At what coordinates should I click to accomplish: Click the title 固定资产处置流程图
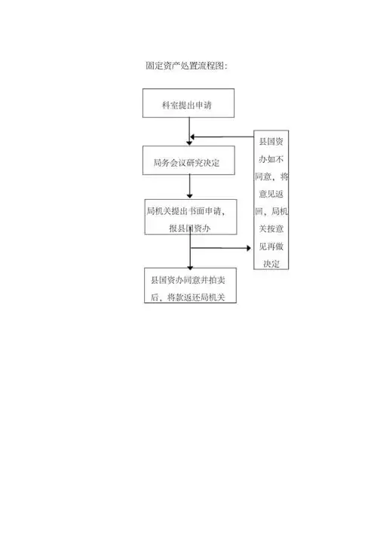tap(186, 66)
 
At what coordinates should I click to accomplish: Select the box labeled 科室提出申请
tap(188, 103)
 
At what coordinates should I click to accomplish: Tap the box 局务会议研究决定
tap(188, 161)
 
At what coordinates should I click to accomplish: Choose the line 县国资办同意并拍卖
tap(189, 280)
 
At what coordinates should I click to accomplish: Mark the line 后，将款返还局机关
tap(189, 297)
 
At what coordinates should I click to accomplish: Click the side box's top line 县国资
tap(272, 142)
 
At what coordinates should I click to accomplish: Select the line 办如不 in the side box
tap(272, 159)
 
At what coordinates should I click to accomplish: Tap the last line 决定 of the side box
tap(272, 263)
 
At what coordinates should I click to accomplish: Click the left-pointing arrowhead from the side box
tap(194, 137)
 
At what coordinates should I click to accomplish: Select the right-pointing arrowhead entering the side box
tap(250, 247)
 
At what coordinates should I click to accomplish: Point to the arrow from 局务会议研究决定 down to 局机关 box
tap(189, 187)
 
